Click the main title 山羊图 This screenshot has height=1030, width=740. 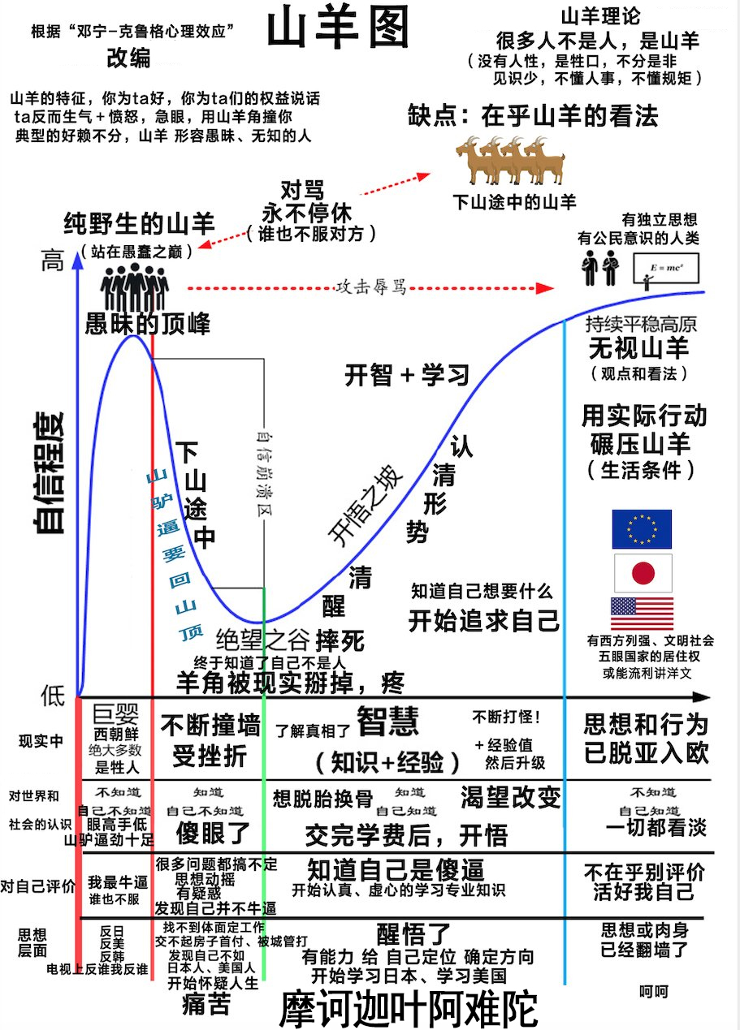click(338, 30)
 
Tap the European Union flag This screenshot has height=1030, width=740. click(641, 529)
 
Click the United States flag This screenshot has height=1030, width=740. click(642, 614)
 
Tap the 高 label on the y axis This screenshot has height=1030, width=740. click(52, 261)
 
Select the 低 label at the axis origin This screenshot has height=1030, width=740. click(53, 696)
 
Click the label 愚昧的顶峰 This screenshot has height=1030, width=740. click(147, 324)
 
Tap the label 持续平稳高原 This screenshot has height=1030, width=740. click(641, 324)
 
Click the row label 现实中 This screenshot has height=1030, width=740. click(41, 740)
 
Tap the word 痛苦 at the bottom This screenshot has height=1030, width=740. click(206, 1005)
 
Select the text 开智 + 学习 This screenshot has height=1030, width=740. click(408, 376)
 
